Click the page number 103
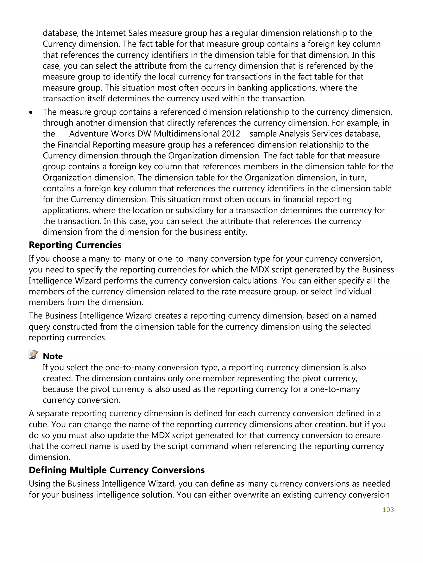point(388,510)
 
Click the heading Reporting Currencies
point(75,245)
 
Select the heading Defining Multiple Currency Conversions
point(116,470)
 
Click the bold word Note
point(53,356)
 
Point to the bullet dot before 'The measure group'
point(31,112)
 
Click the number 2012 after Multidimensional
point(231,134)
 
